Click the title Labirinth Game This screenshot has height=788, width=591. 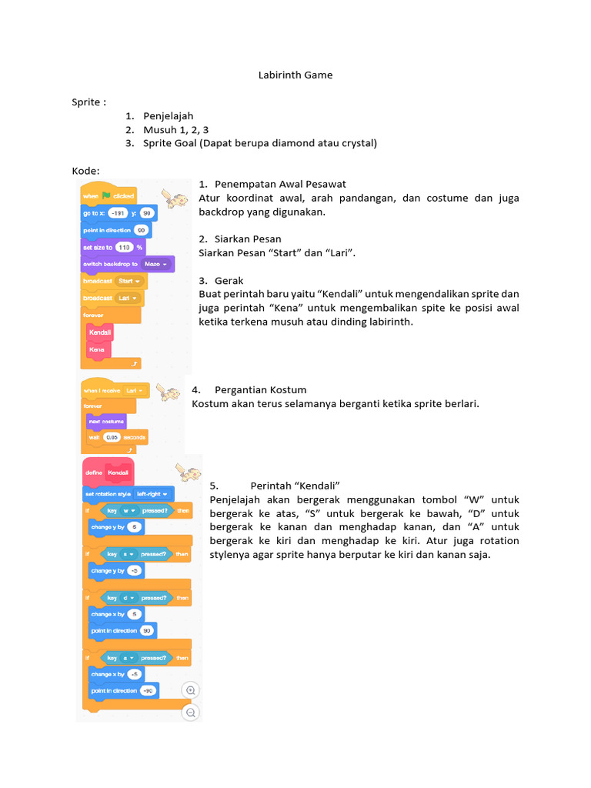pyautogui.click(x=295, y=75)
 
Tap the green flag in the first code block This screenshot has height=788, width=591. pyautogui.click(x=106, y=196)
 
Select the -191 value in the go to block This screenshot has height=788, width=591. pyautogui.click(x=118, y=212)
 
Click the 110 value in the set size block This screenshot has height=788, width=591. pyautogui.click(x=123, y=247)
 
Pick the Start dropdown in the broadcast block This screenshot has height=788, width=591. pyautogui.click(x=128, y=281)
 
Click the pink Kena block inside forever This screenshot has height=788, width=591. pyautogui.click(x=98, y=349)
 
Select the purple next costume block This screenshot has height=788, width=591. pyautogui.click(x=106, y=422)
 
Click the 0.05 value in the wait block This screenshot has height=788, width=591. pyautogui.click(x=112, y=437)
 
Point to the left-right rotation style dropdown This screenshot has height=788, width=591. pyautogui.click(x=153, y=493)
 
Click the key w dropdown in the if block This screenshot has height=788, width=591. pyautogui.click(x=127, y=510)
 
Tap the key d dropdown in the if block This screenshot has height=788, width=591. pyautogui.click(x=127, y=597)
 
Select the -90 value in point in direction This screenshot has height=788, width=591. pyautogui.click(x=147, y=690)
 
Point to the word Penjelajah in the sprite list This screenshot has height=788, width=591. pyautogui.click(x=168, y=116)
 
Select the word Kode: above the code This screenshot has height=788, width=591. pyautogui.click(x=85, y=170)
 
